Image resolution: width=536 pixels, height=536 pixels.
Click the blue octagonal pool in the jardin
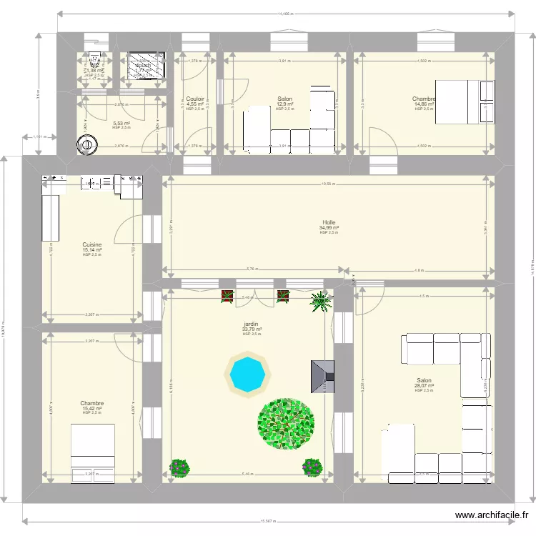click(247, 372)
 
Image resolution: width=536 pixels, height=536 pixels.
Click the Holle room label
click(328, 222)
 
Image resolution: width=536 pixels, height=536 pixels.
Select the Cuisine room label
click(91, 244)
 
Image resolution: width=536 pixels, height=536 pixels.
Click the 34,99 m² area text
click(328, 227)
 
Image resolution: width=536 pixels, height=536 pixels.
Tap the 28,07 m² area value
click(424, 386)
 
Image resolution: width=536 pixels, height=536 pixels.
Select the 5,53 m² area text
click(121, 123)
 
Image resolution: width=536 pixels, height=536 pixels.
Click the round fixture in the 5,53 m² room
click(87, 144)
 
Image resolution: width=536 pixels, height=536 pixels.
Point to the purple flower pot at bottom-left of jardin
click(180, 468)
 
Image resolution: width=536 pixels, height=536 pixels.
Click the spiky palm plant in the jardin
click(321, 302)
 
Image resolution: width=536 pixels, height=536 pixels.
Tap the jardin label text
click(251, 324)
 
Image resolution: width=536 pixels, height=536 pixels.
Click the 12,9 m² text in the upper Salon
click(285, 104)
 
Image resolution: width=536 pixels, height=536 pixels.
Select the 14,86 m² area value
click(424, 104)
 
